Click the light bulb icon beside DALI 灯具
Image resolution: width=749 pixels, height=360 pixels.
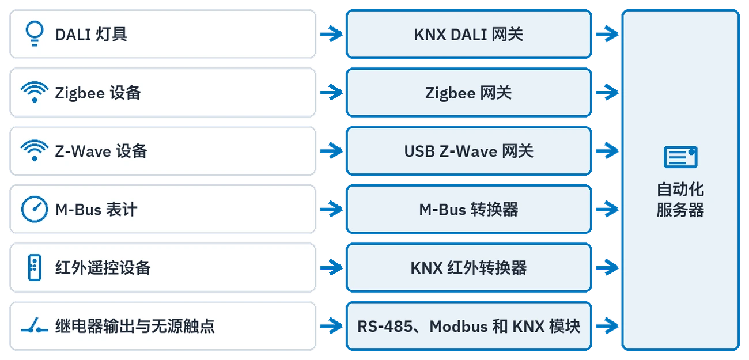35,33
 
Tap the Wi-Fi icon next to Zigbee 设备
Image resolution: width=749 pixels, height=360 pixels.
35,92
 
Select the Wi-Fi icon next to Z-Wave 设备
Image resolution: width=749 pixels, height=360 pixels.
35,151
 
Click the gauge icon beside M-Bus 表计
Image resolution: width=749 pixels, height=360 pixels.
35,209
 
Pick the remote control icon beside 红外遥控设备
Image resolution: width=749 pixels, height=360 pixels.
35,268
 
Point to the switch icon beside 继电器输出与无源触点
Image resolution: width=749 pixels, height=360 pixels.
35,325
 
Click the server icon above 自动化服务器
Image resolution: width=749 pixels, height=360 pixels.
680,157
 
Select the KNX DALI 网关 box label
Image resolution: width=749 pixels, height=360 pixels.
469,35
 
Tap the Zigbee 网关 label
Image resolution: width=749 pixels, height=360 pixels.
469,93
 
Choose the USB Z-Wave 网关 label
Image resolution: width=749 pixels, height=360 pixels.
469,151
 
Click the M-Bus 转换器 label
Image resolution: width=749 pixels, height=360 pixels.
469,210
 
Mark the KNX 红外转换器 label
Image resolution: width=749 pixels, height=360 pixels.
469,268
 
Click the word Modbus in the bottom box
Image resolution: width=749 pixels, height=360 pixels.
458,326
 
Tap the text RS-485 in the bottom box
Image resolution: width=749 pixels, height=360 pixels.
385,326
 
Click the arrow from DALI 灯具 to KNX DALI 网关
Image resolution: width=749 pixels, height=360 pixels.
331,34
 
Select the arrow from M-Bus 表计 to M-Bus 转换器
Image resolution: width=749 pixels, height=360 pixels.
331,209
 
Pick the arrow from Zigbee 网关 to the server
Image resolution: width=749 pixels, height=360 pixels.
607,92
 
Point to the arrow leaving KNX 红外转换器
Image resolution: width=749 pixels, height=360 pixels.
607,267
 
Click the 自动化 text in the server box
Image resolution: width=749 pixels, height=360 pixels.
680,190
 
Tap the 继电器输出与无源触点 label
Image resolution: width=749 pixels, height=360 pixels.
135,326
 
